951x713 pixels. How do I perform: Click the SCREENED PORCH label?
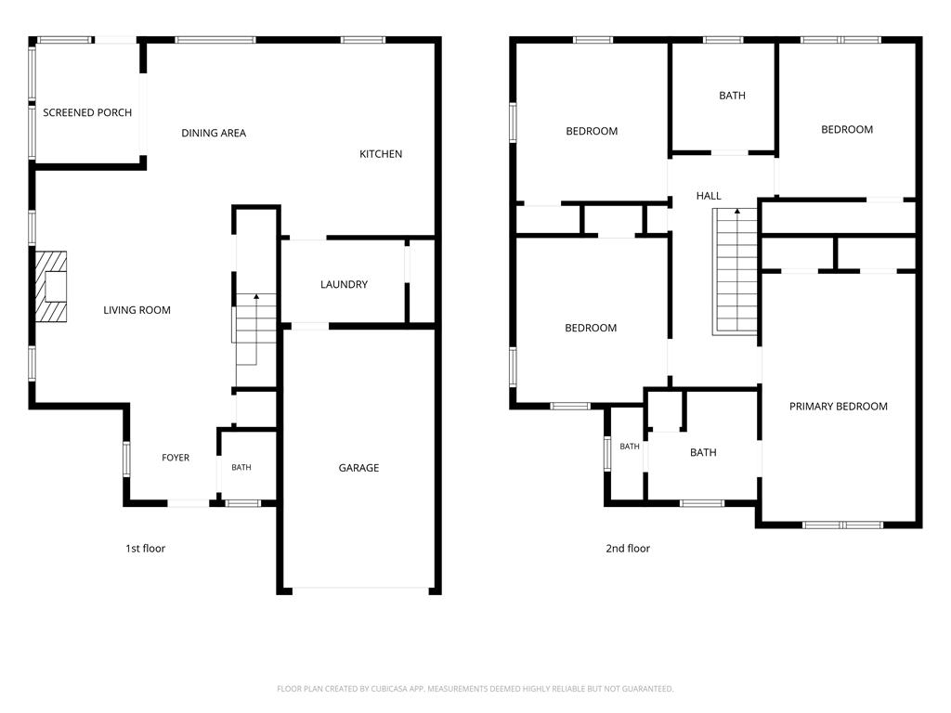(x=87, y=112)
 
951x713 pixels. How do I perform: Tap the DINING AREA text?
(x=214, y=134)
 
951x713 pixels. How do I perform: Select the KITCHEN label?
(x=381, y=154)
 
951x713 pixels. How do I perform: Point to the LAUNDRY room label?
(x=344, y=284)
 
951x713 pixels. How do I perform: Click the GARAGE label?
(x=358, y=468)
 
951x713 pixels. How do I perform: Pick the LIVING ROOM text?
(x=137, y=310)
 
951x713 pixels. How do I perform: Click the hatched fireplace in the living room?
(x=51, y=286)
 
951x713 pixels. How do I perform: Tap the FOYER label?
(x=176, y=458)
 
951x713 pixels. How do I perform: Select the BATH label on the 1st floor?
(x=241, y=468)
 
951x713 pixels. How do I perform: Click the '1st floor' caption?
(x=146, y=549)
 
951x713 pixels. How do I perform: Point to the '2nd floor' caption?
(x=628, y=549)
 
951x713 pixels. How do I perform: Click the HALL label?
(x=709, y=196)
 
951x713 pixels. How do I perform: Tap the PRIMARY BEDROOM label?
(x=839, y=407)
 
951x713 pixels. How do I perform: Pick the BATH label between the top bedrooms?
(x=732, y=96)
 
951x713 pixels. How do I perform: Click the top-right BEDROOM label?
(x=847, y=130)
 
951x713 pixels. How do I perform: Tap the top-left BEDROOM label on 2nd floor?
(x=592, y=132)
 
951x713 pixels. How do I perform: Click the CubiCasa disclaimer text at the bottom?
(x=475, y=689)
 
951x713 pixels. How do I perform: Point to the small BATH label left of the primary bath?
(x=630, y=447)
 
